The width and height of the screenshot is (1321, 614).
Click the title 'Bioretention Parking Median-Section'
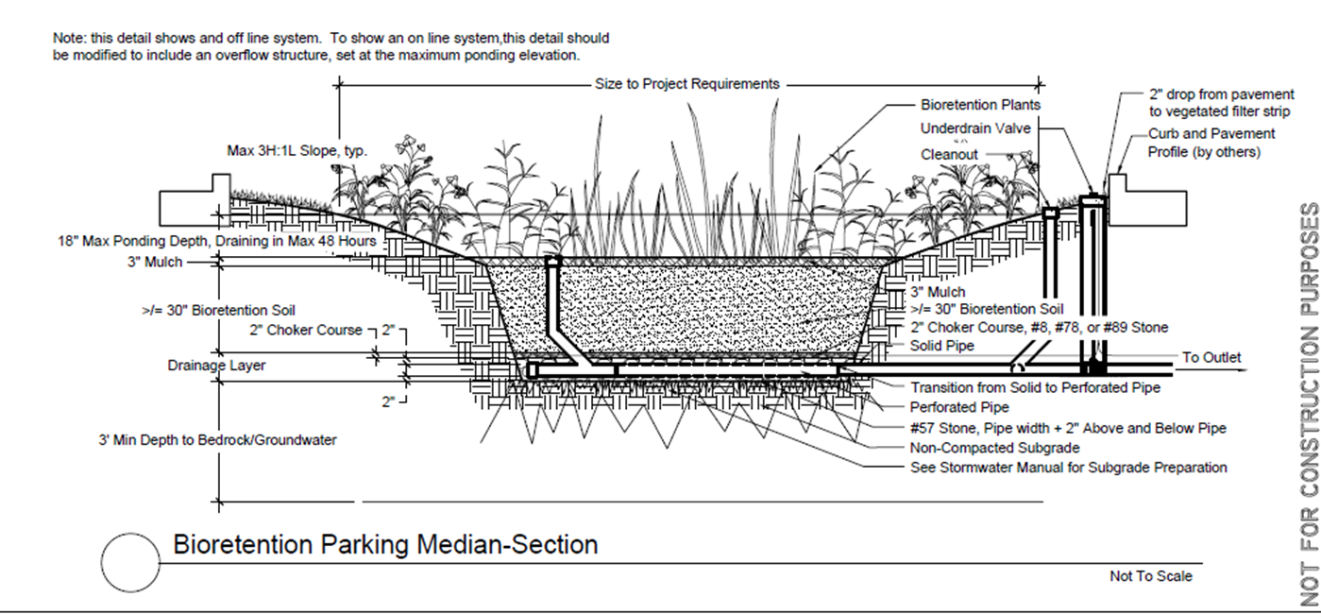click(x=385, y=545)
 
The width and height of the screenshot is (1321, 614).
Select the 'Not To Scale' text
click(x=1150, y=576)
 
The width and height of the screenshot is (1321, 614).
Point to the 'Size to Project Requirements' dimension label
click(x=687, y=84)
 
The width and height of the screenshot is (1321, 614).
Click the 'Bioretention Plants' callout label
click(x=980, y=105)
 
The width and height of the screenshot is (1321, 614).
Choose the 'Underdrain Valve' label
click(x=975, y=128)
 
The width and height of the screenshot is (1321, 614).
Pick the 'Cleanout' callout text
click(x=949, y=154)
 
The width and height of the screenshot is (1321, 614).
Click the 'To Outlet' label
click(x=1211, y=358)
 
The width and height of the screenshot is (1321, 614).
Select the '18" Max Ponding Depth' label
click(x=217, y=242)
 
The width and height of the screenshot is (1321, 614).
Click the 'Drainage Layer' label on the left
click(x=217, y=365)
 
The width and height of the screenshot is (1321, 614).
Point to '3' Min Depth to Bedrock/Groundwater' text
click(x=217, y=440)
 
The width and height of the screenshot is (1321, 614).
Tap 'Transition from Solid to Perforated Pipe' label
click(x=1035, y=387)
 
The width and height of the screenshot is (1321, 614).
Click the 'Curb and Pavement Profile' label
click(x=1211, y=143)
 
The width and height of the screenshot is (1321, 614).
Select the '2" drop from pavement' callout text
click(x=1221, y=103)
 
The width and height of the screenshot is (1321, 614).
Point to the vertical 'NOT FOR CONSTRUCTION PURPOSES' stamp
click(x=1309, y=404)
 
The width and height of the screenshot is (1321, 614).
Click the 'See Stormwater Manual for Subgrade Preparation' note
click(x=1081, y=468)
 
